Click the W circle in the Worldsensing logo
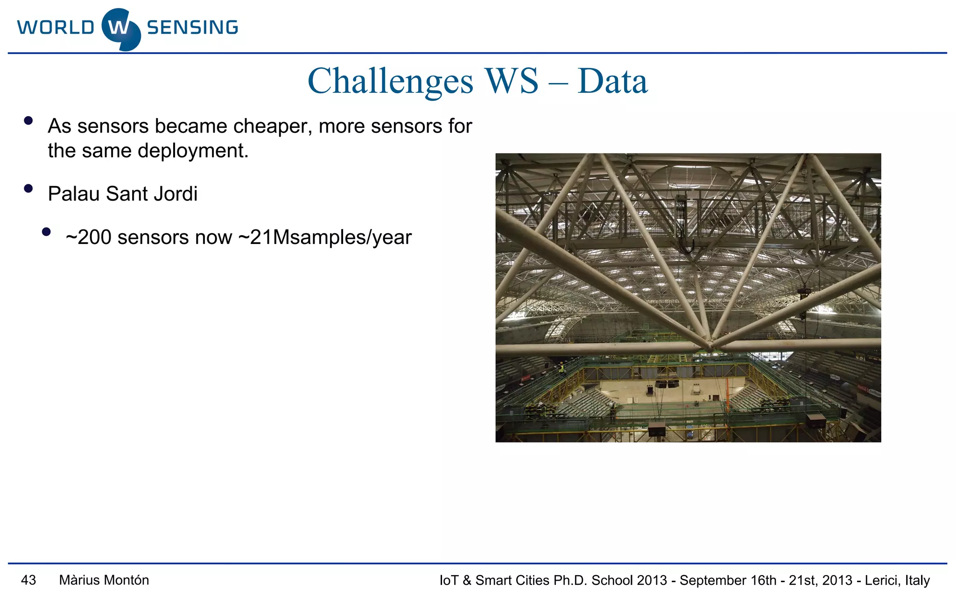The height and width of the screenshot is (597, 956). [x=120, y=29]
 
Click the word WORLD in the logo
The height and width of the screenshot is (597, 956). [x=56, y=28]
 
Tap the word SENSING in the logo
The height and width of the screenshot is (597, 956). [x=192, y=28]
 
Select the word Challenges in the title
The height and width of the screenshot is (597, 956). [x=390, y=82]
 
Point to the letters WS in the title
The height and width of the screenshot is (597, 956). [x=512, y=82]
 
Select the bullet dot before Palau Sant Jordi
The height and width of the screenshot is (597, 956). [x=28, y=189]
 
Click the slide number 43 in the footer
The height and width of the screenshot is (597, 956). [x=28, y=580]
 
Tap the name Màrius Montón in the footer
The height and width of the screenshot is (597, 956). [x=104, y=580]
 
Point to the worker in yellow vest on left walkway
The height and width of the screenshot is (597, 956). [x=562, y=369]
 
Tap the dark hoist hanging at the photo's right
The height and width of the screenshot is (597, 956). [x=804, y=294]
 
